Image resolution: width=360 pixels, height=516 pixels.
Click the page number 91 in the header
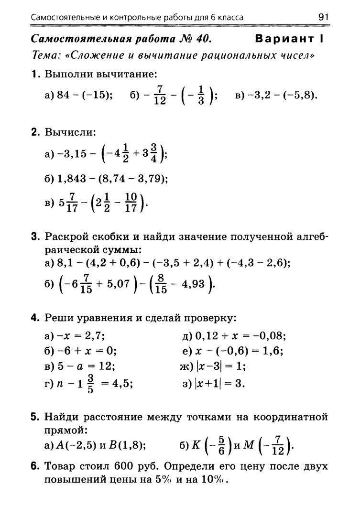tap(324, 18)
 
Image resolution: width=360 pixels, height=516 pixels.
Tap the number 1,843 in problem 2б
tap(73, 179)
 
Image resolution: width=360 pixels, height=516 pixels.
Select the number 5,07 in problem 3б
tap(117, 286)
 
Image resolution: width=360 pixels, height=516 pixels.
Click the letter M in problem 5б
tap(249, 445)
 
